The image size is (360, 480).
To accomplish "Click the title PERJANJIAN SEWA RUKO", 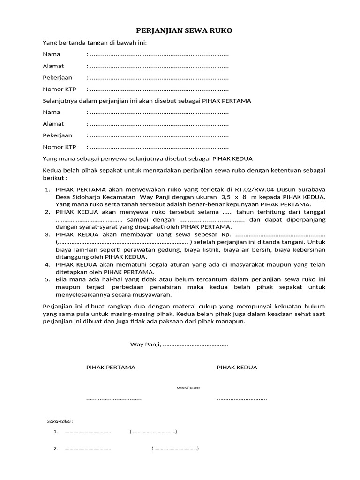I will point(184,31).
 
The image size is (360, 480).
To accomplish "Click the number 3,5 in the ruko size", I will point(227,197).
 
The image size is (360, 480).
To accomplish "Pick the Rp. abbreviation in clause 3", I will point(225,234).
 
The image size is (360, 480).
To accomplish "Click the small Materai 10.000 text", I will point(187,388).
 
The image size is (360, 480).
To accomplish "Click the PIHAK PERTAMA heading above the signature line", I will point(111,367).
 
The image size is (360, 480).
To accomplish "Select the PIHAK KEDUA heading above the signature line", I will point(237,367).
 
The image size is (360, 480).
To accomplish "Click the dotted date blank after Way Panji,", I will point(195,345).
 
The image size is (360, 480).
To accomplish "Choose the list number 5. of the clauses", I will point(47,279).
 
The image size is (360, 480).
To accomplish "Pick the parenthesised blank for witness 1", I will point(153,432).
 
